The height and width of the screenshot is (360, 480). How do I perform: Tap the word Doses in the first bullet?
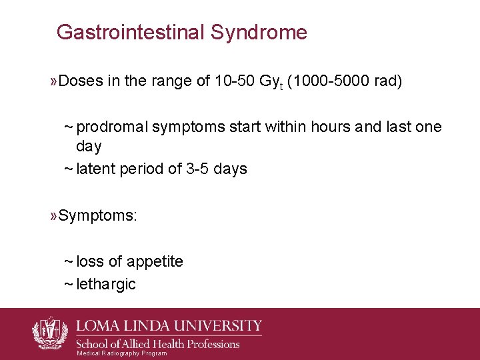[x=81, y=81]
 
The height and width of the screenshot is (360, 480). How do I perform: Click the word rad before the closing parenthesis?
[x=386, y=81]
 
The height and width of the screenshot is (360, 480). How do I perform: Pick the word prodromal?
[x=112, y=127]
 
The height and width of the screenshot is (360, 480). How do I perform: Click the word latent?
[x=96, y=169]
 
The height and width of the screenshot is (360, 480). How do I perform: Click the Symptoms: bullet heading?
[x=97, y=215]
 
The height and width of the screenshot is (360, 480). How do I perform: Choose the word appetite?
[x=155, y=261]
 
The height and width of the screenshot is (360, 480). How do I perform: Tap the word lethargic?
[x=106, y=285]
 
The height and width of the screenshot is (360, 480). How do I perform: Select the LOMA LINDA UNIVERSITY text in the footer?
[x=171, y=326]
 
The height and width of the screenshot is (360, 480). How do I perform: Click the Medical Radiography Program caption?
[x=122, y=353]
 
